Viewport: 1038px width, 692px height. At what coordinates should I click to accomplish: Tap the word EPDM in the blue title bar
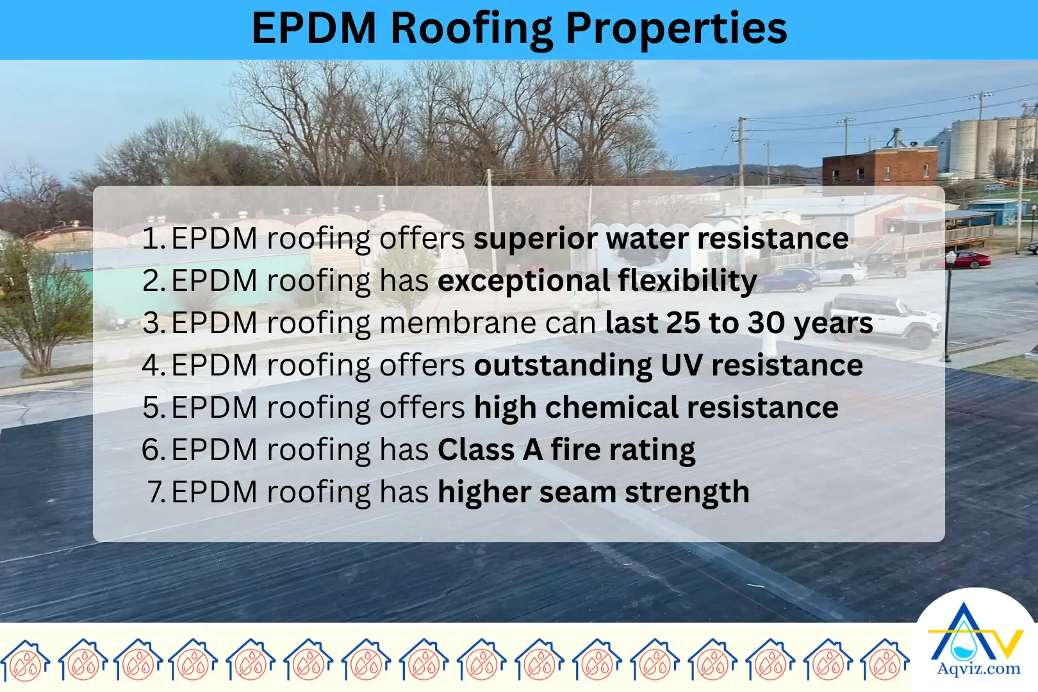[x=313, y=29]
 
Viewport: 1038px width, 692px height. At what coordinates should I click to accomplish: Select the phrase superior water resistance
[x=661, y=238]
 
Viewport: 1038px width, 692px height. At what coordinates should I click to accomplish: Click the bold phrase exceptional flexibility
[x=597, y=281]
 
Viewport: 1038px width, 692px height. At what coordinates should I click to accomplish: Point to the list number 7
[x=156, y=492]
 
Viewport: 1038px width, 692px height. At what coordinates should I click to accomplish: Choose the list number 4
[x=152, y=365]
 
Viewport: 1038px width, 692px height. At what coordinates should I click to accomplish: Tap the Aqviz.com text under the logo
[x=978, y=669]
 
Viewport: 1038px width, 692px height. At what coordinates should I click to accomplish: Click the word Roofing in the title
[x=471, y=29]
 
